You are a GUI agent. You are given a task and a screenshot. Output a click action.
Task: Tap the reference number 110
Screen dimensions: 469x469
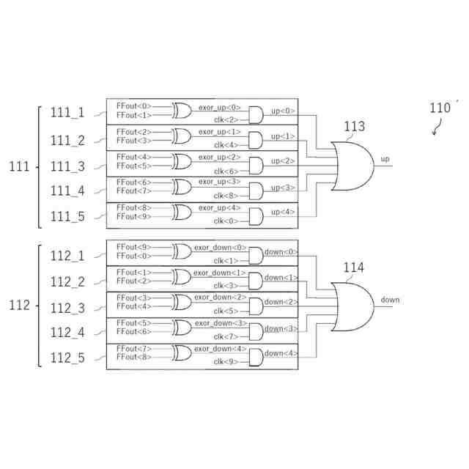pyautogui.click(x=440, y=108)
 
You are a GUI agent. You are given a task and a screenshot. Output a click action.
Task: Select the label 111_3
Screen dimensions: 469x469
pyautogui.click(x=67, y=166)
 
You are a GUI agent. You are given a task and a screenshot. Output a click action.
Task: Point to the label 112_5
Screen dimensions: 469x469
pyautogui.click(x=67, y=358)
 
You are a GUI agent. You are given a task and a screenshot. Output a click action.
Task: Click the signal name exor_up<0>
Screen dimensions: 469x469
pyautogui.click(x=219, y=107)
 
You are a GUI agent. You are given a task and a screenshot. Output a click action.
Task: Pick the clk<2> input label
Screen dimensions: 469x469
pyautogui.click(x=226, y=119)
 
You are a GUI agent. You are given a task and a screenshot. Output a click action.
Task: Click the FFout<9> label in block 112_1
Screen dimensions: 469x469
pyautogui.click(x=133, y=247)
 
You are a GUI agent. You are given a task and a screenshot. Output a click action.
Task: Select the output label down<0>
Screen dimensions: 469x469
pyautogui.click(x=281, y=252)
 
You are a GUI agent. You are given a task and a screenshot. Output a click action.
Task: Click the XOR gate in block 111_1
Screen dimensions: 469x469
pyautogui.click(x=182, y=111)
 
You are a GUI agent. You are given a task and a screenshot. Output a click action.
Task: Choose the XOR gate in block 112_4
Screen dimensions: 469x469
pyautogui.click(x=182, y=328)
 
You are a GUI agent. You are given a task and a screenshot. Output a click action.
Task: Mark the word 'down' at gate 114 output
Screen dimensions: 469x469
pyautogui.click(x=390, y=300)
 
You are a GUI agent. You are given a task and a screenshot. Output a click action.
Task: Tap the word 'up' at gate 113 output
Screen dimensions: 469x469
pyautogui.click(x=385, y=159)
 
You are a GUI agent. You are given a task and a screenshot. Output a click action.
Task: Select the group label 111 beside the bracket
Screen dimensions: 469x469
pyautogui.click(x=18, y=166)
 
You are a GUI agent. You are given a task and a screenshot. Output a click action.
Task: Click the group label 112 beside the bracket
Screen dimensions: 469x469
pyautogui.click(x=18, y=305)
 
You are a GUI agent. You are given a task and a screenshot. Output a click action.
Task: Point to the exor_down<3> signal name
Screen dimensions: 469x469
pyautogui.click(x=220, y=322)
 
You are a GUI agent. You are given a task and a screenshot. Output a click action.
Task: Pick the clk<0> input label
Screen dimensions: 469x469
pyautogui.click(x=226, y=221)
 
